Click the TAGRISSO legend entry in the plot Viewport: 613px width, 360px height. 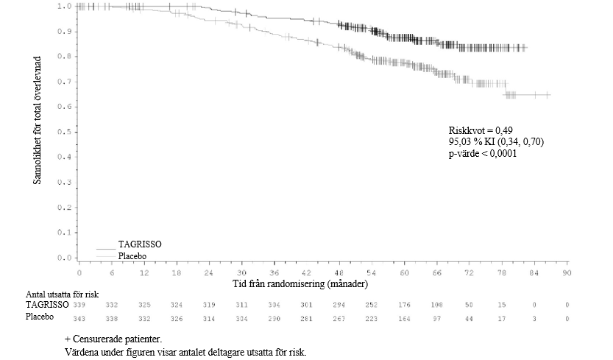coord(140,244)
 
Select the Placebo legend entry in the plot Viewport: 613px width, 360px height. coord(132,255)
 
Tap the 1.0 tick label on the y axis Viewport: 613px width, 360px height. coord(65,6)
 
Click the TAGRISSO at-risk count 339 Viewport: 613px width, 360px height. coord(79,304)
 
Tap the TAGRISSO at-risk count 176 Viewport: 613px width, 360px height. coord(405,304)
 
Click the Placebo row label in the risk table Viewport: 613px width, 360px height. coord(40,317)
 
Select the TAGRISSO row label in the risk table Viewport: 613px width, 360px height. coord(47,303)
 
